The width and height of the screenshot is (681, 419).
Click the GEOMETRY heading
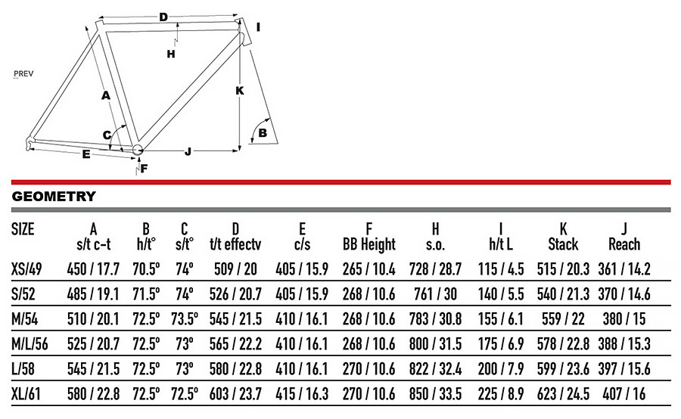coord(54,197)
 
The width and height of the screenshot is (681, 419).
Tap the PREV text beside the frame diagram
coord(26,74)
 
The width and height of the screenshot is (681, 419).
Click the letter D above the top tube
coord(163,17)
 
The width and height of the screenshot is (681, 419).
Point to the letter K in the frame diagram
coord(240,90)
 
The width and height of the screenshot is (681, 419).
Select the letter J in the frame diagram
coord(187,151)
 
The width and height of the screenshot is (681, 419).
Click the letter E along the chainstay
coord(86,154)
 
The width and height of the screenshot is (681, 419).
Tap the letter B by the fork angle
coord(263,133)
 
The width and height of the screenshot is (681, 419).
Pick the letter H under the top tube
coord(171,54)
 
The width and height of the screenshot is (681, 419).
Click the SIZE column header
coord(23,229)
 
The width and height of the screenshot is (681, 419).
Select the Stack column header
coord(563,244)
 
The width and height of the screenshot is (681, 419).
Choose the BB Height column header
coord(369,244)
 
